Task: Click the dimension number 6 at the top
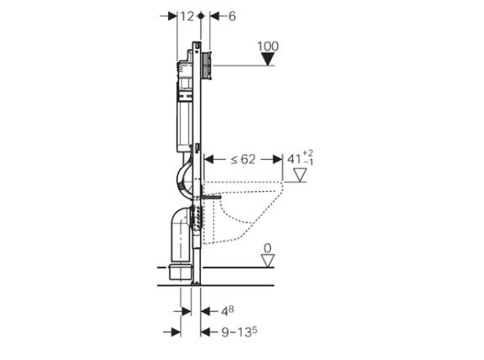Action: point(232,16)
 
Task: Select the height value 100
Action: point(268,45)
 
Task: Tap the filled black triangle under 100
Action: point(268,60)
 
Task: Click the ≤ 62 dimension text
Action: point(240,157)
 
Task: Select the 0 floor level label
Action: point(267,247)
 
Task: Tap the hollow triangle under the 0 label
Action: point(267,261)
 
